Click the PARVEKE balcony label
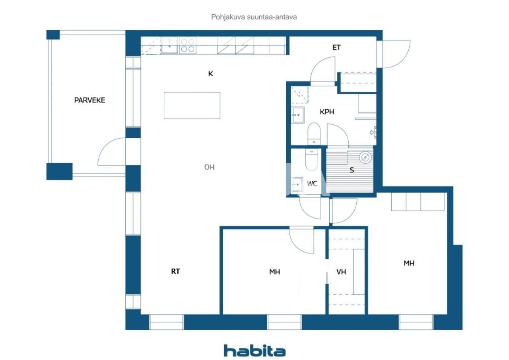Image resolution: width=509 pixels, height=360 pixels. [x=89, y=100]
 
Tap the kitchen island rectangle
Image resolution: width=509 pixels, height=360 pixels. [x=192, y=105]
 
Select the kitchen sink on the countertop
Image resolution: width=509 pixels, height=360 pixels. [x=170, y=46]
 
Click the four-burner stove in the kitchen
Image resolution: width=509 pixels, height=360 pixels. [x=188, y=46]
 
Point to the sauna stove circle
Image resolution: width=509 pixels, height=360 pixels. [x=364, y=158]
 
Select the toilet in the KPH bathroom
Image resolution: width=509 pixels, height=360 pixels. [x=314, y=133]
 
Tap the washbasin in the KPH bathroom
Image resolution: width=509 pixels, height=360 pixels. [x=297, y=115]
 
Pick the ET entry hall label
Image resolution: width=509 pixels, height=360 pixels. [x=336, y=48]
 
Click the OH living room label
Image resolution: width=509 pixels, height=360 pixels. [x=210, y=167]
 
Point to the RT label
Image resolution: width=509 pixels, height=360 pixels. [x=175, y=271]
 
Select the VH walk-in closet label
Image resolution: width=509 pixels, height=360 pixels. [x=341, y=272]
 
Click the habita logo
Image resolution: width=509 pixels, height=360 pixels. [x=254, y=350]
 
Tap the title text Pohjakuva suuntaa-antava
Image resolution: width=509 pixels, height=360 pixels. [x=254, y=17]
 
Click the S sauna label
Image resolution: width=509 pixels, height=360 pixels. [x=352, y=170]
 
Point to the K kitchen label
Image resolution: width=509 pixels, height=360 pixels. [x=210, y=74]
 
